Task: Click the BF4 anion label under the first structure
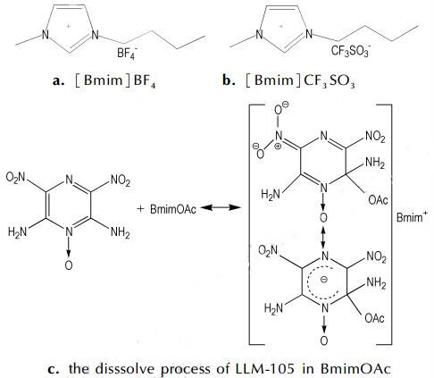point(126,54)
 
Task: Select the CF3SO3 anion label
point(351,51)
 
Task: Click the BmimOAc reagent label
point(173,209)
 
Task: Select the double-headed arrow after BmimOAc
point(221,207)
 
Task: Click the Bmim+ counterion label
point(412,217)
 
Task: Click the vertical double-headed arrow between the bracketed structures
point(323,238)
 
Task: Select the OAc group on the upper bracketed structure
point(378,200)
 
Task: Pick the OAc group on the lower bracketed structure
point(374,318)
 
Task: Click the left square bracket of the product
point(250,224)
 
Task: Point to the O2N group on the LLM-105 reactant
point(15,178)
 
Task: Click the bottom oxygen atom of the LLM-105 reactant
point(69,265)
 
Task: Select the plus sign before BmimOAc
point(140,209)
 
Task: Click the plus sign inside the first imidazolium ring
point(69,27)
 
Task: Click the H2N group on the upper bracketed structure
point(271,194)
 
